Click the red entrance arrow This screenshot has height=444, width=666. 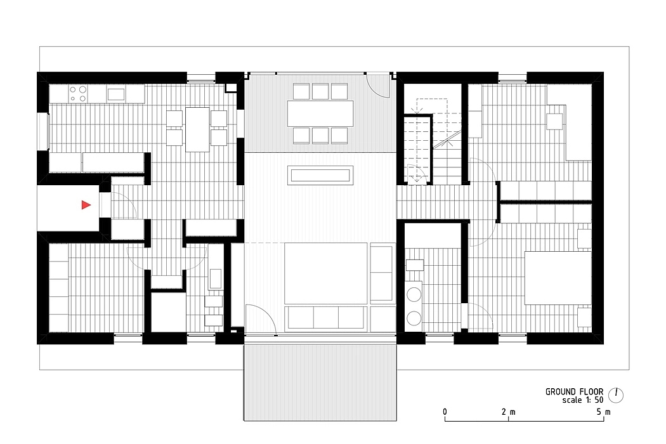(x=86, y=206)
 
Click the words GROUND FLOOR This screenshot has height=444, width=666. (x=574, y=392)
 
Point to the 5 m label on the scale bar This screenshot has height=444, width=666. (x=604, y=412)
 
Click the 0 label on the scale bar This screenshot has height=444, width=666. (x=445, y=412)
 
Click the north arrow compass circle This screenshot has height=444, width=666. (x=616, y=395)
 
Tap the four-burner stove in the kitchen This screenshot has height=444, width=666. (x=78, y=94)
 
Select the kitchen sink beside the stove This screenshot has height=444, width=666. (x=116, y=94)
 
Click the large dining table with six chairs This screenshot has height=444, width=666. (x=320, y=113)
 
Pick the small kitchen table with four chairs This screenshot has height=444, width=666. (x=197, y=129)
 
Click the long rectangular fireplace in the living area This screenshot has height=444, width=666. (x=320, y=175)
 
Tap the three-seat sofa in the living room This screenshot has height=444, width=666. (x=326, y=317)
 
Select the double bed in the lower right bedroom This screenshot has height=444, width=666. (x=558, y=278)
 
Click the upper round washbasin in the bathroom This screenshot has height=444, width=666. (x=414, y=294)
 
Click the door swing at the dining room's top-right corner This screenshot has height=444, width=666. (x=378, y=86)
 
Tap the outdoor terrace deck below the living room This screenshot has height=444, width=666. (x=320, y=382)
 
